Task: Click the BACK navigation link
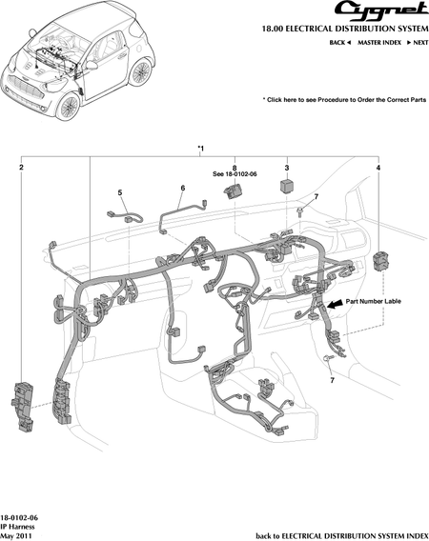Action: pos(340,43)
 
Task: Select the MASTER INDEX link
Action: pos(379,43)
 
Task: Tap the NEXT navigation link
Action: pos(418,43)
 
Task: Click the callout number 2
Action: pos(21,168)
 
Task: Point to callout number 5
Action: pos(120,192)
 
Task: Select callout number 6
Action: pos(183,188)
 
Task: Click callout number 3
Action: pos(287,168)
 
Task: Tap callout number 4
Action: pos(378,168)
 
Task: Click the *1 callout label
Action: pos(200,149)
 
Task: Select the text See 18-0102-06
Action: pos(235,174)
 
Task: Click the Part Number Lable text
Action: pos(374,301)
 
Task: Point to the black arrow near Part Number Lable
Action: pos(335,304)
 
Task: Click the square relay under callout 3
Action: pos(286,186)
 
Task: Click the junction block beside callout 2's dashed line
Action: pos(23,407)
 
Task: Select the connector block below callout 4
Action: pos(380,260)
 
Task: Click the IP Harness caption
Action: pos(17,527)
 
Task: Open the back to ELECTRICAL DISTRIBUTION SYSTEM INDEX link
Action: pos(342,536)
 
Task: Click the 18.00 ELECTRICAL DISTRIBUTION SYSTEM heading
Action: pos(345,29)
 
